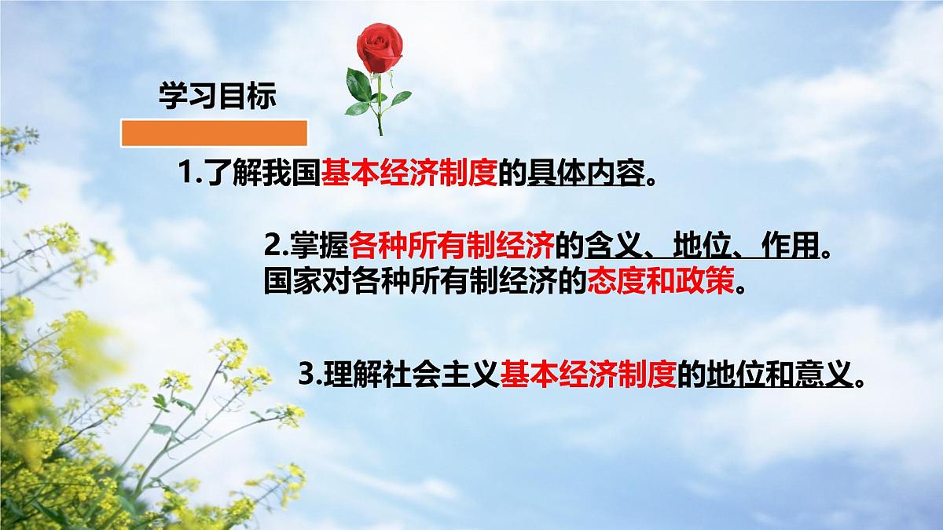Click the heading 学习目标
(218, 98)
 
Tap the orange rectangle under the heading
(213, 133)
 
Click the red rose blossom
(375, 45)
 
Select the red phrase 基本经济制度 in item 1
(409, 172)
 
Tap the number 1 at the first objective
(185, 172)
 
